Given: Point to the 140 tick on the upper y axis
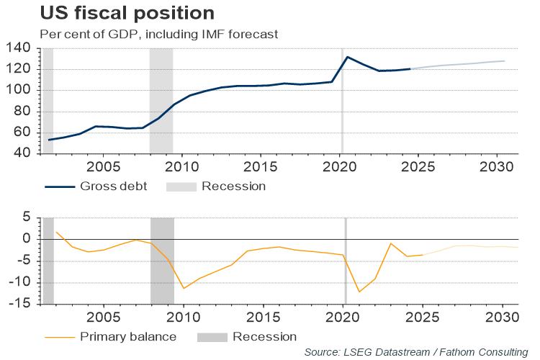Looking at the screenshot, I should point(20,48).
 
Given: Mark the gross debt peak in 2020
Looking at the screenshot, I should point(348,57).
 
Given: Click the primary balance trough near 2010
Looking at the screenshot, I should point(184,289).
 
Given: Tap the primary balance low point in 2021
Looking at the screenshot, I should point(359,292).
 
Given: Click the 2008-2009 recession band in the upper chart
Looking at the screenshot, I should point(161,101).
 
